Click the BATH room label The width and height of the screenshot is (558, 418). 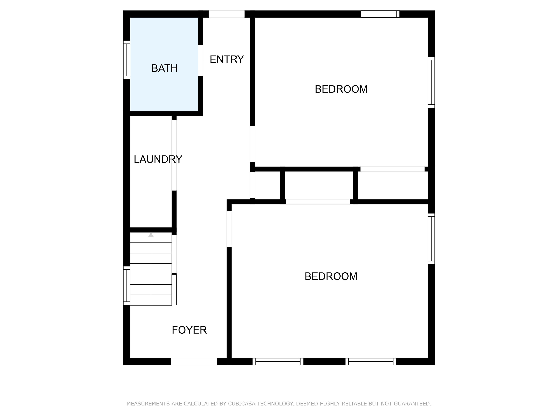pyautogui.click(x=164, y=68)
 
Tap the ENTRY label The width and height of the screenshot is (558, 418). pyautogui.click(x=227, y=60)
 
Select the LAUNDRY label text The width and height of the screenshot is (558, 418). pyautogui.click(x=158, y=159)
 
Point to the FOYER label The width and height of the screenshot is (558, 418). pyautogui.click(x=189, y=330)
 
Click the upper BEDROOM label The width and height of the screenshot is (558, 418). pyautogui.click(x=341, y=89)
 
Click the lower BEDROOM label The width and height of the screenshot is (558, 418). pyautogui.click(x=331, y=276)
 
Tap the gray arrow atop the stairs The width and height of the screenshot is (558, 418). pyautogui.click(x=151, y=235)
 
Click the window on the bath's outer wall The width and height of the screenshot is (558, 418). pyautogui.click(x=127, y=60)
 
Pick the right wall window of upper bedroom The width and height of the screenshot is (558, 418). pyautogui.click(x=431, y=82)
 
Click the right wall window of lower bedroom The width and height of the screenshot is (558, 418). pyautogui.click(x=431, y=239)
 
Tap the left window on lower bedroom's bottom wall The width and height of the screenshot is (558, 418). pyautogui.click(x=278, y=362)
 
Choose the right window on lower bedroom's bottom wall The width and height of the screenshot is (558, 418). pyautogui.click(x=371, y=362)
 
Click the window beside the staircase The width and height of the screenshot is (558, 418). pyautogui.click(x=127, y=285)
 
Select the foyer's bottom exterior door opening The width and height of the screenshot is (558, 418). pyautogui.click(x=194, y=362)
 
